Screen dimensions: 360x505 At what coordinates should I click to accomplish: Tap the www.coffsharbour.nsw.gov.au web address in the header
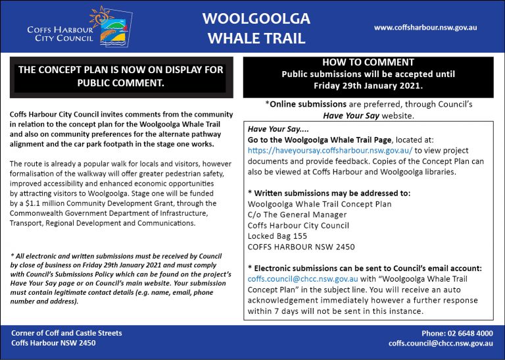click(x=425, y=28)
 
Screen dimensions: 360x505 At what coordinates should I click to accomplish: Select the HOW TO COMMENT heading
click(x=368, y=63)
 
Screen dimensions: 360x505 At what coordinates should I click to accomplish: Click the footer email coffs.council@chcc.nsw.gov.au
click(x=441, y=344)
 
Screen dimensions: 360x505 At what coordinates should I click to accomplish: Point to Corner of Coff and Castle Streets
click(x=66, y=333)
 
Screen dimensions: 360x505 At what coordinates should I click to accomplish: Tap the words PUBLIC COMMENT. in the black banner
click(x=120, y=84)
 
